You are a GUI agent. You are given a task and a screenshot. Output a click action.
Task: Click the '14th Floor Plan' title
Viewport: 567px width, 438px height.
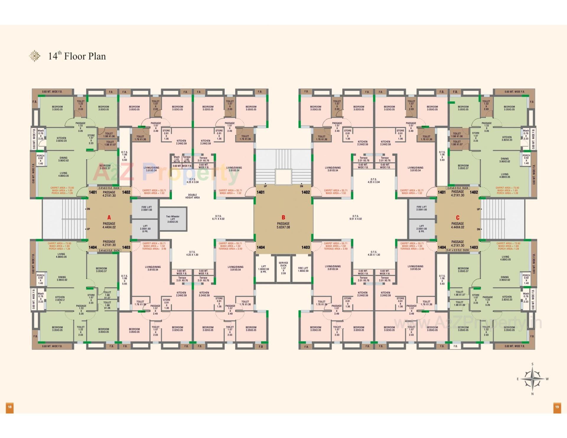pyautogui.click(x=77, y=56)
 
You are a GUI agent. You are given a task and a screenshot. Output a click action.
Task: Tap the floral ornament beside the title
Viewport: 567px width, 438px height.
pyautogui.click(x=35, y=56)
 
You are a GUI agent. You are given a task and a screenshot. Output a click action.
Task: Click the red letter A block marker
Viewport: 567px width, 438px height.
pyautogui.click(x=109, y=218)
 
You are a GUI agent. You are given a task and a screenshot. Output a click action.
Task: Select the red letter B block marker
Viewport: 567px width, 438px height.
pyautogui.click(x=283, y=218)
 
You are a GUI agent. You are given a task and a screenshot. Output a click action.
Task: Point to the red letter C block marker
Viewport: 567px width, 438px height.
pyautogui.click(x=457, y=218)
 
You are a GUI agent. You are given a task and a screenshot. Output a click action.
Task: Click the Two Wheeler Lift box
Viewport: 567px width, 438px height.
pyautogui.click(x=173, y=219)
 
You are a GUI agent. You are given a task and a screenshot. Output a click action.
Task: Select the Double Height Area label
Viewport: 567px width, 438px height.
pyautogui.click(x=192, y=196)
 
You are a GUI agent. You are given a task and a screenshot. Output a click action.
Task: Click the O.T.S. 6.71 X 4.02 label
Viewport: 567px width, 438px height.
pyautogui.click(x=218, y=217)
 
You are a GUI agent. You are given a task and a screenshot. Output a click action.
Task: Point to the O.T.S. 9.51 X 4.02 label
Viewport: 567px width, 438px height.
pyautogui.click(x=355, y=217)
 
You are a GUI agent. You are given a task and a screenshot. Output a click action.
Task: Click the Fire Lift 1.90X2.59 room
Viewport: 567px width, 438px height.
pyautogui.click(x=303, y=269)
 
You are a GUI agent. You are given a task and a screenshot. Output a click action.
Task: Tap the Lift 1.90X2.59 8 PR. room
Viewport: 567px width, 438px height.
pyautogui.click(x=263, y=269)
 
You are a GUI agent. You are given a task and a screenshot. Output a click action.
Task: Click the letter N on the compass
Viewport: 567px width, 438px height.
pyautogui.click(x=532, y=394)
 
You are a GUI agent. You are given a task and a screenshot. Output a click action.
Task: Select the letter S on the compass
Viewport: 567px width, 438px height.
pyautogui.click(x=532, y=364)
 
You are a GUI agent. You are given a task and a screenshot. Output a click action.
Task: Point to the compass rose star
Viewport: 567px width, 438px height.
pyautogui.click(x=532, y=379)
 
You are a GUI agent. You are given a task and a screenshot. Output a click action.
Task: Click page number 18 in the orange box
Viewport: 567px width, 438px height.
pyautogui.click(x=10, y=407)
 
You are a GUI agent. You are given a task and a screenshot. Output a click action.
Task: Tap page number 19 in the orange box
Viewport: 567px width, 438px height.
pyautogui.click(x=557, y=407)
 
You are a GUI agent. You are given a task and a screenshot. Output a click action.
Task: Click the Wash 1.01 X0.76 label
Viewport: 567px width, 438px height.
pyautogui.click(x=177, y=159)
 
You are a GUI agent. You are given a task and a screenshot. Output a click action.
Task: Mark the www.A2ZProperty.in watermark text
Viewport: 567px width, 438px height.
pyautogui.click(x=468, y=323)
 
